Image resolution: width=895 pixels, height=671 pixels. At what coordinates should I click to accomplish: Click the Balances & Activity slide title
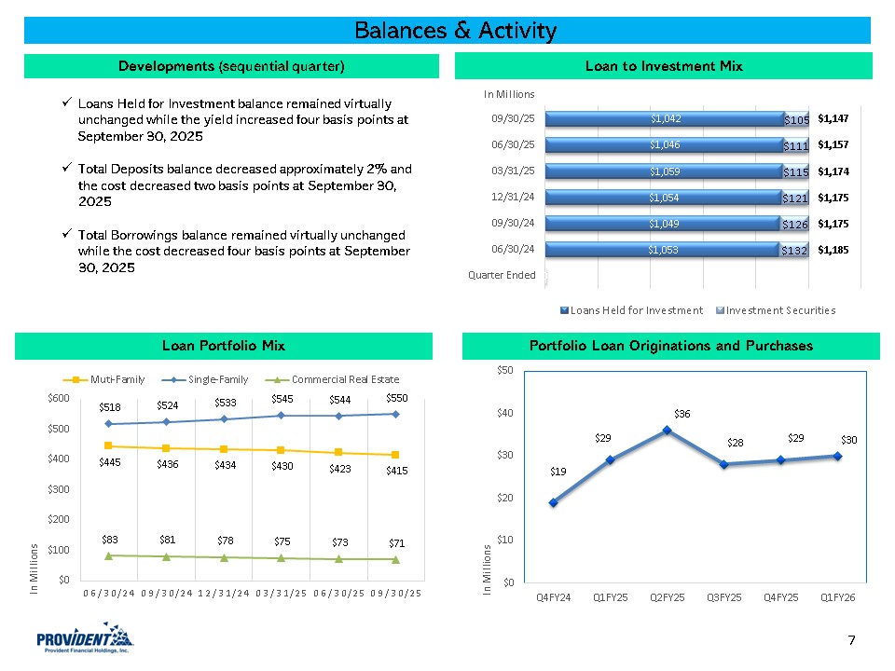[x=455, y=31]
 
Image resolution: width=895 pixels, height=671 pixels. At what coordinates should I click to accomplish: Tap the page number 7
[x=852, y=639]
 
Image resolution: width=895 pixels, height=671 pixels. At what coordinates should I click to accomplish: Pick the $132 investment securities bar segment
[x=793, y=250]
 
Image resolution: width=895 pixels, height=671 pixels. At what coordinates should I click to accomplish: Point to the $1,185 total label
[x=833, y=250]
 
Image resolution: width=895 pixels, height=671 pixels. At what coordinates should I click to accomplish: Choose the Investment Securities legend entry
[x=775, y=309]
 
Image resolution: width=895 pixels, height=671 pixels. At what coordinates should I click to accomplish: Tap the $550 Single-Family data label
[x=396, y=399]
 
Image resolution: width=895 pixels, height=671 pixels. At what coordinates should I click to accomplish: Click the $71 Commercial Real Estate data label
[x=396, y=542]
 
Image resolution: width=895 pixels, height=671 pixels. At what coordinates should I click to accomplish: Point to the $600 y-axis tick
[x=58, y=398]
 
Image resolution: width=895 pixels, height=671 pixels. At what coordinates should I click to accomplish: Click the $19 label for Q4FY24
[x=557, y=472]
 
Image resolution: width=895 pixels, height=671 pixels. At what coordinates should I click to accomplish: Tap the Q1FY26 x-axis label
[x=838, y=596]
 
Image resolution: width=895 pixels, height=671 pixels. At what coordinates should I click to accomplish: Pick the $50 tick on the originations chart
[x=503, y=370]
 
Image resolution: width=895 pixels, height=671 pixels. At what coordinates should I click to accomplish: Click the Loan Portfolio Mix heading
[x=224, y=346]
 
